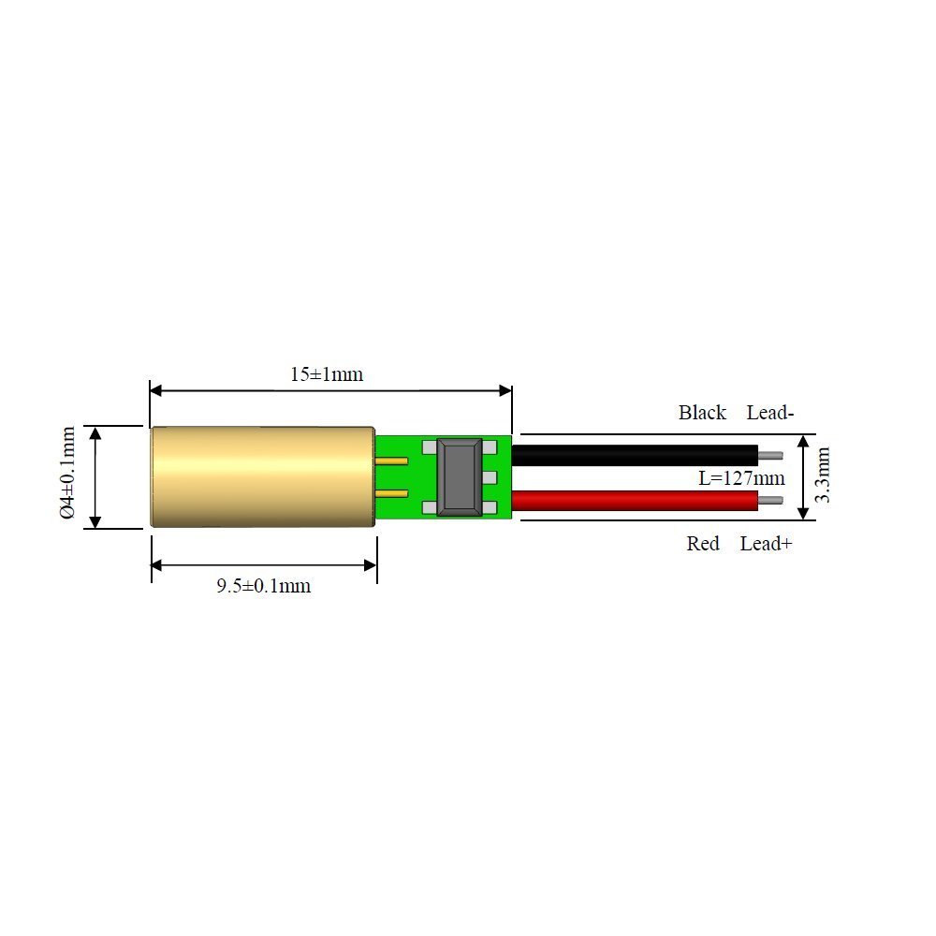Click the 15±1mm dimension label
[326, 374]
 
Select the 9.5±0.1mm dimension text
[263, 587]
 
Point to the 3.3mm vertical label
[823, 475]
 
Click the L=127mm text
[741, 478]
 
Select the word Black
[702, 413]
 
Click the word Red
[703, 544]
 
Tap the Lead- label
[770, 413]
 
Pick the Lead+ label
[766, 544]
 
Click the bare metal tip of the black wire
[771, 456]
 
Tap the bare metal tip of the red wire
[771, 502]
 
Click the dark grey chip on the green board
[461, 477]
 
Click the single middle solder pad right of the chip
[490, 478]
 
